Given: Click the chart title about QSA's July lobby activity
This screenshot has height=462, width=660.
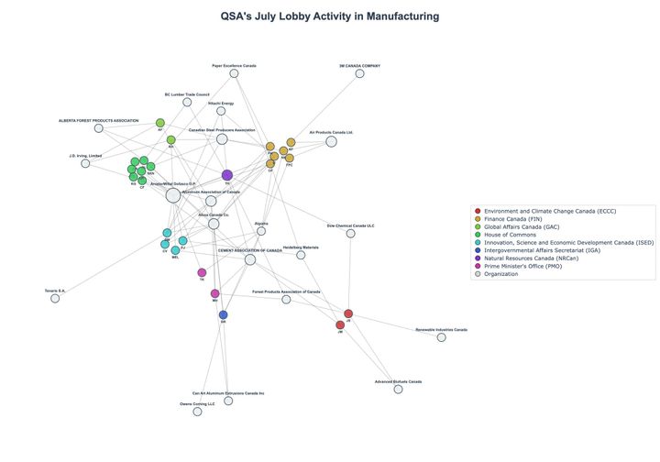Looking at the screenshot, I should (330, 16).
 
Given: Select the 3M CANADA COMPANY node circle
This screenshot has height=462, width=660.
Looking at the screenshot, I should (359, 73).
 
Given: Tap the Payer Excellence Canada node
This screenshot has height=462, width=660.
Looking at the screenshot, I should (234, 73).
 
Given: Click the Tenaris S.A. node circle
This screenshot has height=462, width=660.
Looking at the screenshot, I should (55, 298).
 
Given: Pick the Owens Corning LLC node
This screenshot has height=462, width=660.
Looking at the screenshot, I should (197, 412).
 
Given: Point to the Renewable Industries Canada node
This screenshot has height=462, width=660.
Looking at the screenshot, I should (441, 337).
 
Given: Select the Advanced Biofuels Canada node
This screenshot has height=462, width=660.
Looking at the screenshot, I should (398, 389).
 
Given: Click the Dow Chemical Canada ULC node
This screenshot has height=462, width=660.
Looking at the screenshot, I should (350, 233).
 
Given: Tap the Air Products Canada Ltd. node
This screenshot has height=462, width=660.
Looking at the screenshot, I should (331, 141).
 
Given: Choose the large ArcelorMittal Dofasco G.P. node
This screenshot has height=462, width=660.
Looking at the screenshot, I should (173, 194).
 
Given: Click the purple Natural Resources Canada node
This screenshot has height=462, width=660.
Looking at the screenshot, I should (227, 175).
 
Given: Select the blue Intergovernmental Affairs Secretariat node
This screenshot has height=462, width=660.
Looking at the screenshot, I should (223, 314).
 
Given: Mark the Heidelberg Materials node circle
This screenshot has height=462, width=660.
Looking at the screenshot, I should (301, 255).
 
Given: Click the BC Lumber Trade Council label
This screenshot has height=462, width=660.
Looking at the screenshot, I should (187, 94).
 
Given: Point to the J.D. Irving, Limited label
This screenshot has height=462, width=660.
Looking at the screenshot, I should (85, 156).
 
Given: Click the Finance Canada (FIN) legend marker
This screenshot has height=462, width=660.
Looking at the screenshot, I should (478, 219).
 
